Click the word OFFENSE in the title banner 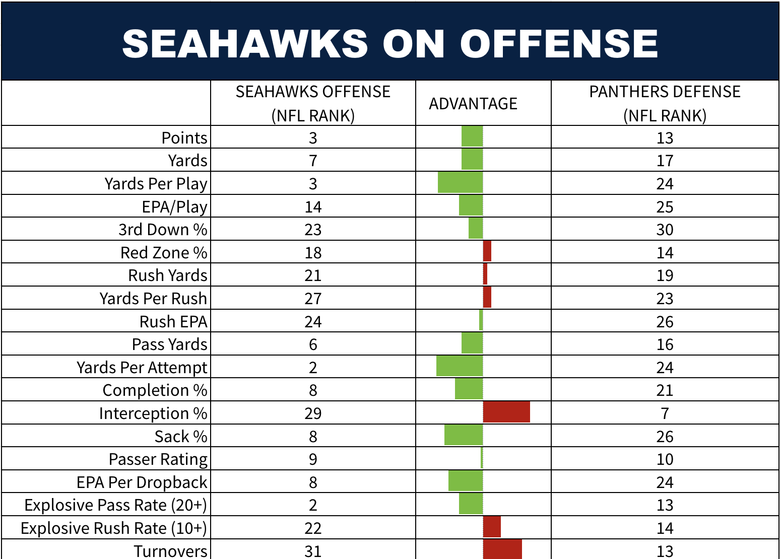559,43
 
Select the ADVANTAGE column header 473,104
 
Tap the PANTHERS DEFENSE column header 665,103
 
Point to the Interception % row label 153,413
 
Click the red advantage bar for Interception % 506,412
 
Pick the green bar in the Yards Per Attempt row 460,366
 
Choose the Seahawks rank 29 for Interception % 313,413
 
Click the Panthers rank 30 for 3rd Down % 665,230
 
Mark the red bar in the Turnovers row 502,549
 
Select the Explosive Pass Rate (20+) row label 115,505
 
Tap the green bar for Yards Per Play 460,182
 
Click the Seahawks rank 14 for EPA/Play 313,207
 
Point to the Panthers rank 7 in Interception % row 665,413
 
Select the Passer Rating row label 158,459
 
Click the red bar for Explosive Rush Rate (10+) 492,527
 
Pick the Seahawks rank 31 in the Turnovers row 313,551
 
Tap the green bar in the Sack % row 464,435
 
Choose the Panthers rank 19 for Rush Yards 665,275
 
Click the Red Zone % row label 164,253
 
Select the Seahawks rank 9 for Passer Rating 313,459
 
